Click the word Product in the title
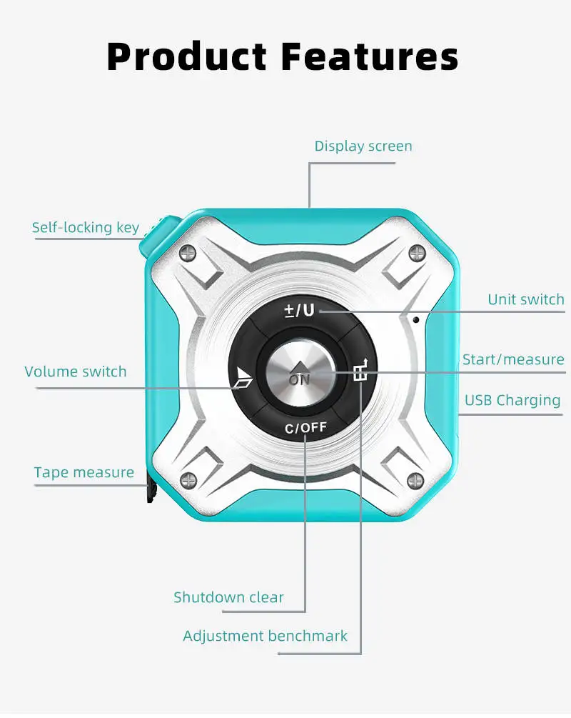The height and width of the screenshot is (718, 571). [x=186, y=56]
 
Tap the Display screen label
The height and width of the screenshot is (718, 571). [x=363, y=146]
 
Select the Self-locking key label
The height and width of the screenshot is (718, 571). [x=86, y=228]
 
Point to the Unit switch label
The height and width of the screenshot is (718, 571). [x=525, y=299]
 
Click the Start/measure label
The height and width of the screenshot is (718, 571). [x=513, y=359]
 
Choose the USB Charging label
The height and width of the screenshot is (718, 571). [x=512, y=400]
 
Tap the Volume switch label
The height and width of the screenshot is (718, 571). [x=76, y=372]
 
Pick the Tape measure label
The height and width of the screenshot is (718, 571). [x=84, y=472]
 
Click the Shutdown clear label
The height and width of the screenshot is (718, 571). [x=228, y=597]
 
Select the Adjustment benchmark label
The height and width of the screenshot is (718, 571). [x=266, y=636]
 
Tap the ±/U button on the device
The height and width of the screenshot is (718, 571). [x=300, y=311]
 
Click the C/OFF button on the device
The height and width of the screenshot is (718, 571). [x=305, y=428]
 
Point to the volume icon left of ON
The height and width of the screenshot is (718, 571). [x=243, y=377]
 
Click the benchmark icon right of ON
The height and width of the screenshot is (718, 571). [x=362, y=371]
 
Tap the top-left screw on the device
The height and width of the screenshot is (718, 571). [x=188, y=251]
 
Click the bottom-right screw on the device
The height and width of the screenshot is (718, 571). [x=415, y=479]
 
